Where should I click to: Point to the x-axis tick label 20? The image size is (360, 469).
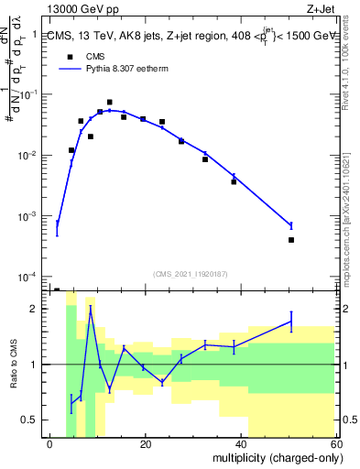click(x=145, y=444)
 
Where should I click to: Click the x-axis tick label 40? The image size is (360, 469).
click(x=240, y=444)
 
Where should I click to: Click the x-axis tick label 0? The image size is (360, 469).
click(x=50, y=444)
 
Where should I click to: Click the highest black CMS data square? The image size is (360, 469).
click(x=110, y=103)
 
